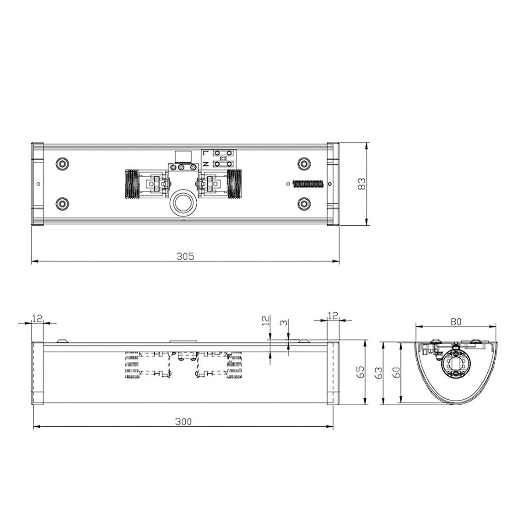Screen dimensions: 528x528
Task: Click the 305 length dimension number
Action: [x=185, y=256]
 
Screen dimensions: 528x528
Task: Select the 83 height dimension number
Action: [x=362, y=184]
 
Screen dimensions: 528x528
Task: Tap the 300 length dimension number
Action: [x=183, y=421]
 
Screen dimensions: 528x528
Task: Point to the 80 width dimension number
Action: [x=456, y=321]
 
